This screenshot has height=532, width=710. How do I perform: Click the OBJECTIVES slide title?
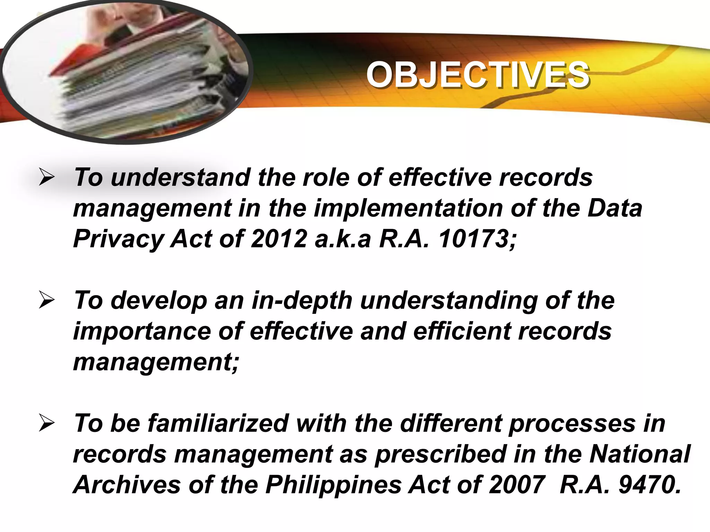(477, 75)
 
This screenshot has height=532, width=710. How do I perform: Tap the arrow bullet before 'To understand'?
(46, 178)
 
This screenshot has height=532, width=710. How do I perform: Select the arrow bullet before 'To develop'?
(46, 300)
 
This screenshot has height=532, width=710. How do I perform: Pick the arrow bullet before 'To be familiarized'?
(46, 424)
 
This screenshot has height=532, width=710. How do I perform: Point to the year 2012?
(279, 239)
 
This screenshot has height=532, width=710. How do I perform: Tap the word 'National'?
(640, 454)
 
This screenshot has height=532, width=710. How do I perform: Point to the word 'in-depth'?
(302, 301)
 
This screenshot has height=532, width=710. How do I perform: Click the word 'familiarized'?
(218, 424)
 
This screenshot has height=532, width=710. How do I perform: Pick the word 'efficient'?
(462, 331)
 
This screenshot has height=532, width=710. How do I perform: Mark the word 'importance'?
(142, 332)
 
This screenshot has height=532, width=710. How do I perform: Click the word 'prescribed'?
(440, 455)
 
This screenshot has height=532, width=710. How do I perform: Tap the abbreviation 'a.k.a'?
(343, 239)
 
